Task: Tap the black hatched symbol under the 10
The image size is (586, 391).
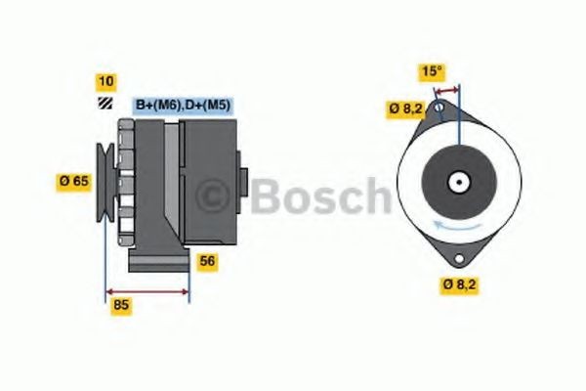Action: click(x=105, y=103)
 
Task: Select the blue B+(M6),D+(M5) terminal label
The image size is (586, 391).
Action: click(x=183, y=104)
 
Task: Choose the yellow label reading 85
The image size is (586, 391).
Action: click(x=121, y=305)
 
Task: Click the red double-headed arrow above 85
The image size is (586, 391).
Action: click(x=146, y=291)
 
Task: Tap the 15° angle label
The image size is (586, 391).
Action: click(x=432, y=71)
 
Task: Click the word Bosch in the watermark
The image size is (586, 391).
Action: click(x=317, y=196)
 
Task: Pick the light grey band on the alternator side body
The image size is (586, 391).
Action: click(x=172, y=181)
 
